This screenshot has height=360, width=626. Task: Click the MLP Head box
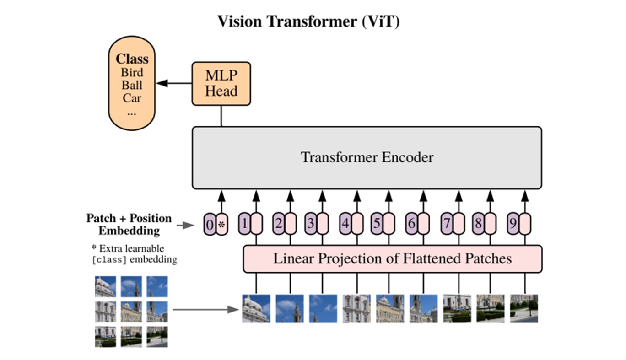pyautogui.click(x=221, y=84)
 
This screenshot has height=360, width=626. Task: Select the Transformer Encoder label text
pyautogui.click(x=367, y=157)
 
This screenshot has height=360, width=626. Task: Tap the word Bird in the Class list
pyautogui.click(x=132, y=72)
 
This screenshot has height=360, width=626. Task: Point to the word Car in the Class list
pyautogui.click(x=132, y=98)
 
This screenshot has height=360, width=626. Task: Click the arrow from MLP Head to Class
pyautogui.click(x=174, y=83)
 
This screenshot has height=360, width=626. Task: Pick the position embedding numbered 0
pyautogui.click(x=210, y=225)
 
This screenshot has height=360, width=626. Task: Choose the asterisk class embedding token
pyautogui.click(x=222, y=225)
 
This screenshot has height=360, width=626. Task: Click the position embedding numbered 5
pyautogui.click(x=377, y=224)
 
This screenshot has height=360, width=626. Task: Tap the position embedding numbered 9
pyautogui.click(x=513, y=224)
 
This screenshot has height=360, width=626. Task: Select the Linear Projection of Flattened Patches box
pyautogui.click(x=392, y=258)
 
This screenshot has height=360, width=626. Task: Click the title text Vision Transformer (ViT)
pyautogui.click(x=308, y=21)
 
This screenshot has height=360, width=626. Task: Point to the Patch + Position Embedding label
pyautogui.click(x=129, y=224)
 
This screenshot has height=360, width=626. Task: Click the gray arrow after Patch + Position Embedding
pyautogui.click(x=185, y=225)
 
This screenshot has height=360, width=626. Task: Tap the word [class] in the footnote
pyautogui.click(x=109, y=260)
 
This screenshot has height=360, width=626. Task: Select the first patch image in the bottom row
pyautogui.click(x=256, y=308)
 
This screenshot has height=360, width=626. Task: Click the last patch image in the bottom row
pyautogui.click(x=524, y=308)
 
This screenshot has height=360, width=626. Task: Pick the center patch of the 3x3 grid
pyautogui.click(x=131, y=312)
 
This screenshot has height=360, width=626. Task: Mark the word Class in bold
pyautogui.click(x=132, y=59)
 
